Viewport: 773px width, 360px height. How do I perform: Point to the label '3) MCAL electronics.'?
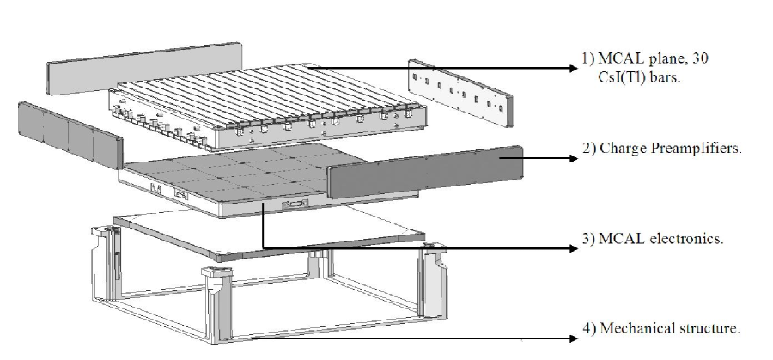[651, 238]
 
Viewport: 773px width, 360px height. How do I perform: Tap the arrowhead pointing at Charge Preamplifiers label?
[570, 157]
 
